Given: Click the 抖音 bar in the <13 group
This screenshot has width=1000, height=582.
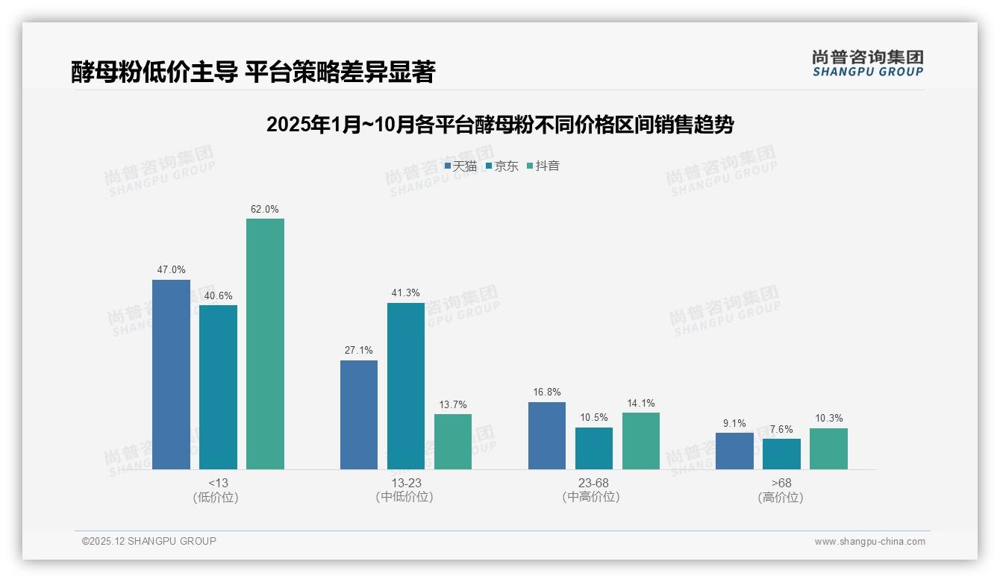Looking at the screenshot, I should tap(265, 344).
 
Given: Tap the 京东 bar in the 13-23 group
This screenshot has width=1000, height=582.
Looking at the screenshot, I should tap(405, 386).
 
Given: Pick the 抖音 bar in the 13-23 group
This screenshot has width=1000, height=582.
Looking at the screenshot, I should tap(453, 442).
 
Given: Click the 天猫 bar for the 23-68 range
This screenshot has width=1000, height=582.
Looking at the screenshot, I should tap(547, 436).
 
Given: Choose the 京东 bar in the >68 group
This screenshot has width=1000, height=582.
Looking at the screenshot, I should tap(781, 454).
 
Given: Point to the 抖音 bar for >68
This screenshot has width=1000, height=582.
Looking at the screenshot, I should tap(828, 448).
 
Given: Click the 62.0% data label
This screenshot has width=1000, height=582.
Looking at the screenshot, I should tap(265, 210).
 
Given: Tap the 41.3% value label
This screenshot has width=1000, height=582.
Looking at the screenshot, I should tap(405, 293).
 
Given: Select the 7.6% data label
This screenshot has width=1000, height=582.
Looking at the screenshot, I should tap(781, 430).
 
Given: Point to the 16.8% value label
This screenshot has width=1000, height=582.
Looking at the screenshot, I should tap(547, 392).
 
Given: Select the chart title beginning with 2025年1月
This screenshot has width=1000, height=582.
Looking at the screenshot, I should tap(500, 125).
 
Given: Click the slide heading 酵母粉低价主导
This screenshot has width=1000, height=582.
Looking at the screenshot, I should tap(253, 72).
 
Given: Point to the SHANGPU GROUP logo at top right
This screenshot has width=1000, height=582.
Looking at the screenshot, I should tap(867, 63).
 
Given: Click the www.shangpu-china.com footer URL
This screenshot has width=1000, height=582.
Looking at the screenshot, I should tap(869, 542).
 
